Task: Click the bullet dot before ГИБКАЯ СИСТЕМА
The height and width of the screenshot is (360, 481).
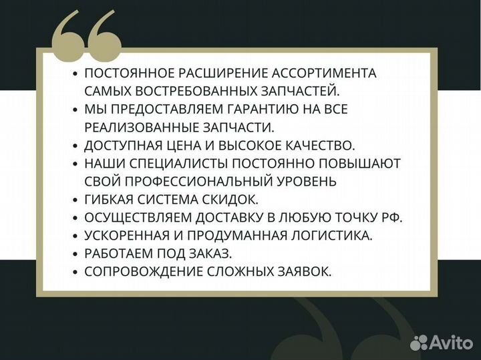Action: coord(75,200)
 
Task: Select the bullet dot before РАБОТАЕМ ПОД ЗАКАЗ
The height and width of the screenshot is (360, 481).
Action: coord(75,254)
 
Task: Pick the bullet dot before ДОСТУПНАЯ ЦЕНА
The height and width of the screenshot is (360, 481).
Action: coord(75,145)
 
